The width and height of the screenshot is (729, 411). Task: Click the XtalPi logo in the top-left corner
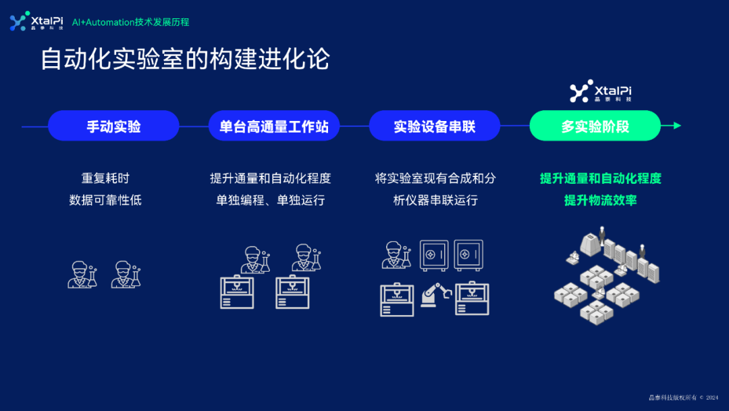(37, 22)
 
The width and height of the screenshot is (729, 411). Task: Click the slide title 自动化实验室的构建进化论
(184, 59)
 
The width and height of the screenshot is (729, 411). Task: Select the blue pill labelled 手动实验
(113, 126)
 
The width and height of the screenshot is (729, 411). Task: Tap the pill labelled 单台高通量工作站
(273, 126)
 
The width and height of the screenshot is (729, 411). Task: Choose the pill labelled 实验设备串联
(434, 126)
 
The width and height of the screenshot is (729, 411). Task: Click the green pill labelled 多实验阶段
(595, 126)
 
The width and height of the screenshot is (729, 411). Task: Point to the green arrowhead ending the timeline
(677, 125)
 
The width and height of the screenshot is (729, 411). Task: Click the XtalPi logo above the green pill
(601, 92)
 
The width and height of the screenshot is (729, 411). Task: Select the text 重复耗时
(105, 178)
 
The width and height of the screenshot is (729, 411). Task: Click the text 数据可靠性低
(105, 200)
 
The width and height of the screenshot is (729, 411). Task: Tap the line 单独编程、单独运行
(270, 200)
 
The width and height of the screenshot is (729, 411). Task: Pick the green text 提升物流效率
(601, 200)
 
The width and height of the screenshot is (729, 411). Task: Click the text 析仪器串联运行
(435, 200)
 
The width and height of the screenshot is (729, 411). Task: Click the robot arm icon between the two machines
(435, 295)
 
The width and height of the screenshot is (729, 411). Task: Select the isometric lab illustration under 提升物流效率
(601, 274)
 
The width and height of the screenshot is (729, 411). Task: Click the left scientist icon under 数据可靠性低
(82, 274)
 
